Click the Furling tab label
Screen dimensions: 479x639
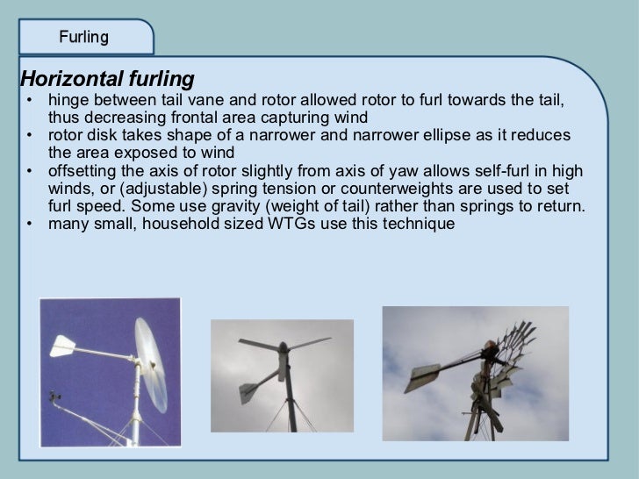click(83, 37)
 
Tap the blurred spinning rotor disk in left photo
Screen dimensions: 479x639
click(151, 360)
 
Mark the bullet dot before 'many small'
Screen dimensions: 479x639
click(30, 224)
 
